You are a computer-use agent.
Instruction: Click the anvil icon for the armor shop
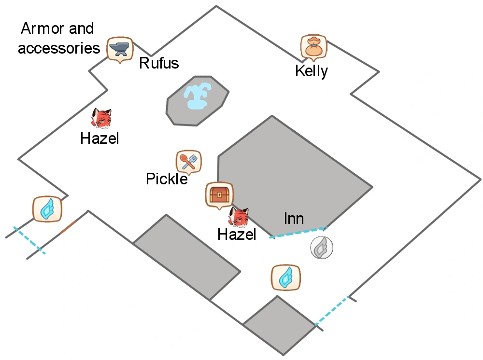119,49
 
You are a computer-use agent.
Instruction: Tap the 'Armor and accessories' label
58,38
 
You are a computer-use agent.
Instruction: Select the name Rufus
159,63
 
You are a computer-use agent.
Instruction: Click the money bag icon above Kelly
313,47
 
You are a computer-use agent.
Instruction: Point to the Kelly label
312,71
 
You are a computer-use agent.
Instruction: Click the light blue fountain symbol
197,97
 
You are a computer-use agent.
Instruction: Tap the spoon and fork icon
189,161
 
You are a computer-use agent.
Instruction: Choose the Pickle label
167,179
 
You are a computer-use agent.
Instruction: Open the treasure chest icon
219,194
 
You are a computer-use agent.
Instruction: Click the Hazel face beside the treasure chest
239,218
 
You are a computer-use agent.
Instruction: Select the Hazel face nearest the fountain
101,119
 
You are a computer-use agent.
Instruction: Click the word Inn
294,219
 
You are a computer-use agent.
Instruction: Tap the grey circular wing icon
321,248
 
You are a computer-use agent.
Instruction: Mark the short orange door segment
68,227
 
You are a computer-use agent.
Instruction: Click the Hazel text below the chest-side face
237,235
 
